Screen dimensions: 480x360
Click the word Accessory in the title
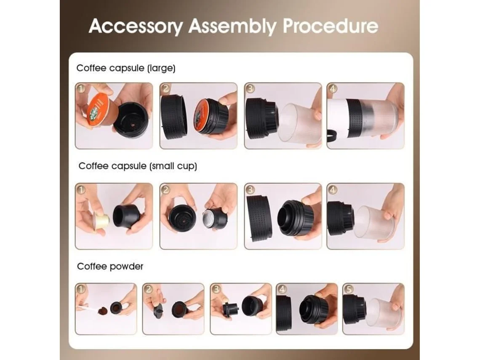pos(136,26)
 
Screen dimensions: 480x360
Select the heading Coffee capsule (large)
pos(126,68)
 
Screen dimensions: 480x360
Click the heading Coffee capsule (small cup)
pos(138,166)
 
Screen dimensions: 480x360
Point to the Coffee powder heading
pos(110,267)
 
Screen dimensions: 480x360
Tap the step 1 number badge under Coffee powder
pos(80,288)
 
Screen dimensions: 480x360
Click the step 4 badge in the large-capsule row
pos(333,88)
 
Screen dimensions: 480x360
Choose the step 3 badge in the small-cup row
pos(250,189)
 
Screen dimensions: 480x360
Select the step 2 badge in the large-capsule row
pos(165,88)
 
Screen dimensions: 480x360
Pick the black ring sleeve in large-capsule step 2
pos(173,116)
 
